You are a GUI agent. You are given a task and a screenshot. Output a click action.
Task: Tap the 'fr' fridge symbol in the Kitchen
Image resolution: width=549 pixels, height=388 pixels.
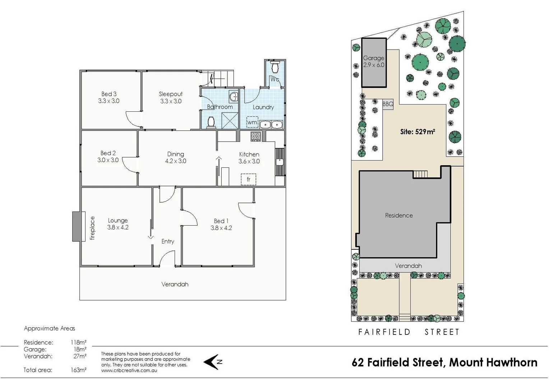click(x=248, y=179)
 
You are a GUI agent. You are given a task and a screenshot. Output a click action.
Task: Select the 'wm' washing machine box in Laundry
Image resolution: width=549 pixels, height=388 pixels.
click(x=252, y=122)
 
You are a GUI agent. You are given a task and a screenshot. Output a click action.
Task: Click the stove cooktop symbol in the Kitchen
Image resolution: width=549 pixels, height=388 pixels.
click(x=256, y=136)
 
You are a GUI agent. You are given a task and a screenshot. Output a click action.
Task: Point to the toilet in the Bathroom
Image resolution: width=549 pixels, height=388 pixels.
click(x=211, y=122)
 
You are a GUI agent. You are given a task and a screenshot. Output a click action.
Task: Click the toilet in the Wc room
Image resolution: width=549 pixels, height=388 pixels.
click(x=275, y=67)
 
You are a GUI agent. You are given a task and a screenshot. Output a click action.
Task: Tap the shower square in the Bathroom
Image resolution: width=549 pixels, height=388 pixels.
click(x=230, y=120)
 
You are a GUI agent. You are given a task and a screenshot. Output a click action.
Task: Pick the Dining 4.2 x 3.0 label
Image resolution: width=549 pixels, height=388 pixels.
click(x=175, y=158)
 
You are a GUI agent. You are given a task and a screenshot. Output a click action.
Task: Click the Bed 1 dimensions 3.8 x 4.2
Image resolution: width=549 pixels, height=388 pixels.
click(x=221, y=228)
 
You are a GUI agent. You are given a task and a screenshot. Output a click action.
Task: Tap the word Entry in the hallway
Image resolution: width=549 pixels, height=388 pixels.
click(x=168, y=241)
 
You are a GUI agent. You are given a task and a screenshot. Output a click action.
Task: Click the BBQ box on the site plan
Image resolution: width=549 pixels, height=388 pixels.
click(x=388, y=104)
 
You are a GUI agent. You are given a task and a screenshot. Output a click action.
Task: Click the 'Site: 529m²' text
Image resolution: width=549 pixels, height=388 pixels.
click(x=417, y=132)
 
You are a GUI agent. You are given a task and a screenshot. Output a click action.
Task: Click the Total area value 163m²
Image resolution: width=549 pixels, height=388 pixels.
click(x=78, y=370)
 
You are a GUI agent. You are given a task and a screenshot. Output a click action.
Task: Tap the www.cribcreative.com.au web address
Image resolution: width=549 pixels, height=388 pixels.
click(x=129, y=370)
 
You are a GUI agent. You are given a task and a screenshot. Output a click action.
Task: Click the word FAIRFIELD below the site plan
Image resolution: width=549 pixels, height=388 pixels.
click(x=384, y=332)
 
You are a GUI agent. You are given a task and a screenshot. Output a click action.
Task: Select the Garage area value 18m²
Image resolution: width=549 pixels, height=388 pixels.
click(x=80, y=349)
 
